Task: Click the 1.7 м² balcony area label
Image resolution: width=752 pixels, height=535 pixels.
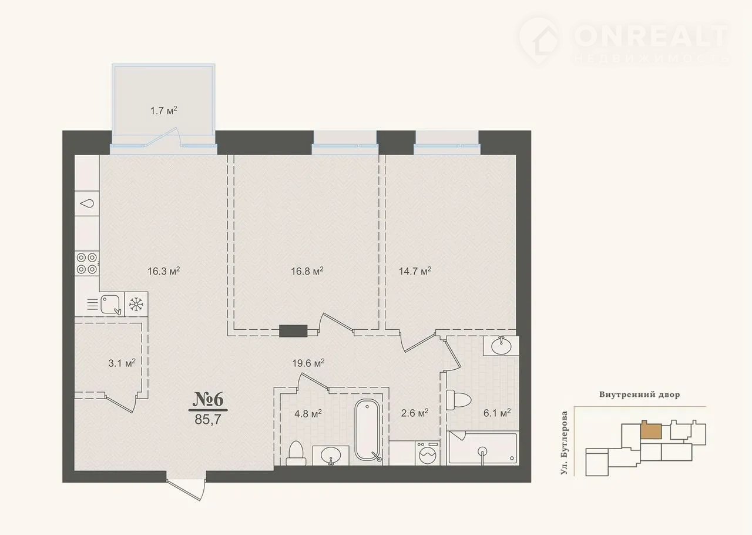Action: pos(163,111)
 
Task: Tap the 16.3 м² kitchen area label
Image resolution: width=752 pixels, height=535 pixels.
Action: pos(164,271)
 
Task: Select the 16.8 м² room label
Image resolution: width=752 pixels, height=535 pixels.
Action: pos(307,271)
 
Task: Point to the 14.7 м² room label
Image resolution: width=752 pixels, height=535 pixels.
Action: pos(415,271)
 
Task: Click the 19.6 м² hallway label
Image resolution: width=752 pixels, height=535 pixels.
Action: pos(308,363)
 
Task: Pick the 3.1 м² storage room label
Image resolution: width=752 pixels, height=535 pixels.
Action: pos(122,363)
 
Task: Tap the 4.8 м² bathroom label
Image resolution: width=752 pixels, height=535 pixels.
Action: pos(308,413)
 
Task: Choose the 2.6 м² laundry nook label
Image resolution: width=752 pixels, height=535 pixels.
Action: pos(415,412)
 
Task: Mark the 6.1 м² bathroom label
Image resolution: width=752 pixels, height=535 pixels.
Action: pos(497,412)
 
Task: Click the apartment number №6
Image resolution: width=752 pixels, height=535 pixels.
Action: pos(208,399)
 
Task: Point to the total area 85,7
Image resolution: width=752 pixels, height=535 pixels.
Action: pos(208,419)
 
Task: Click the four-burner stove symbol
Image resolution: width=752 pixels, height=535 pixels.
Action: pos(87,263)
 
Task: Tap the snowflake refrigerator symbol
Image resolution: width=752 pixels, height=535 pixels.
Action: pos(136,304)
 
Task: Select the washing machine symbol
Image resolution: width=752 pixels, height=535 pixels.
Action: pos(427,453)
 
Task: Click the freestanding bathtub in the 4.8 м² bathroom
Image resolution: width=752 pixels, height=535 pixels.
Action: pos(368,430)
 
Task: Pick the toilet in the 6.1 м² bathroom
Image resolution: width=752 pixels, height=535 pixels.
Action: pos(459,400)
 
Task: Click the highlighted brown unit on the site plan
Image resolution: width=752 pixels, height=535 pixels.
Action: pos(652,430)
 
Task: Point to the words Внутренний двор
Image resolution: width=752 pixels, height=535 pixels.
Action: pos(640,394)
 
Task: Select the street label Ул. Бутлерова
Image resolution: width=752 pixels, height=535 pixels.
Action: pos(565,443)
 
